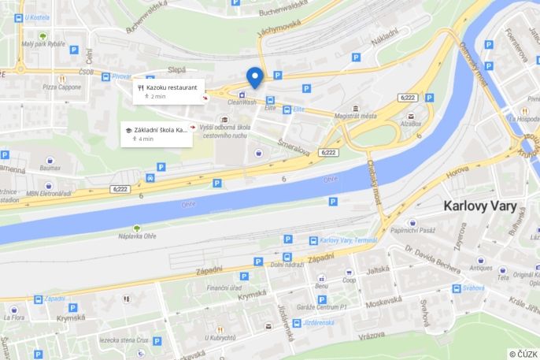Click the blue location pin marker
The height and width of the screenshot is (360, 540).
[x=254, y=77]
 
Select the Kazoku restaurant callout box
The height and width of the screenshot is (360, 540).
[x=168, y=91]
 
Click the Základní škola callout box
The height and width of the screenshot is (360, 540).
[x=157, y=133]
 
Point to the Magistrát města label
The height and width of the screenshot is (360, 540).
[x=355, y=117]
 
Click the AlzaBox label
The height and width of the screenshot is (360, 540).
[x=410, y=124]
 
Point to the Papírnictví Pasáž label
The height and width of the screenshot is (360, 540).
[x=414, y=231]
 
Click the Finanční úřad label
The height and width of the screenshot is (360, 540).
[x=224, y=288]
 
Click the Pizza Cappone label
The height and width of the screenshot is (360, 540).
[x=61, y=87]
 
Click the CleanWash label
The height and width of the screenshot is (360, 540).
[x=242, y=102]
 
